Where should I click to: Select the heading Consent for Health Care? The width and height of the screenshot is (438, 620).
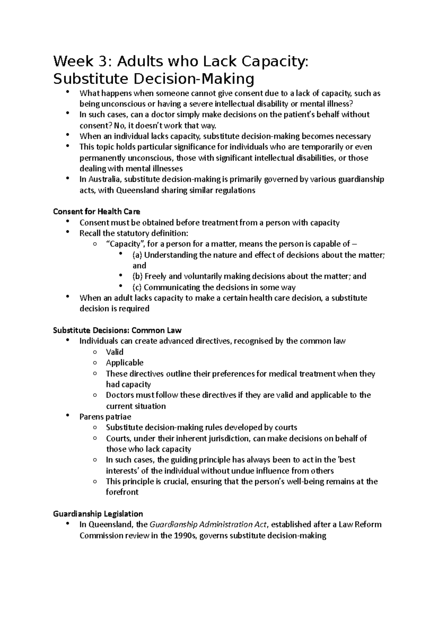click(96, 211)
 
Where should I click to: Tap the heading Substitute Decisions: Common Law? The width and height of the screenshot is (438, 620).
click(117, 330)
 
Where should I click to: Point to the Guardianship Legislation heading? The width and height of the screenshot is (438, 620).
click(98, 514)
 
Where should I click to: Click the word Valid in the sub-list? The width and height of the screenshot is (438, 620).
click(115, 352)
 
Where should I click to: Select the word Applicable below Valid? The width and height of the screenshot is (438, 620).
click(124, 363)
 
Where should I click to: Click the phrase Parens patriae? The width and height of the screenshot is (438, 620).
click(105, 417)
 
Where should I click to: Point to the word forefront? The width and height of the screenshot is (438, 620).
click(122, 492)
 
